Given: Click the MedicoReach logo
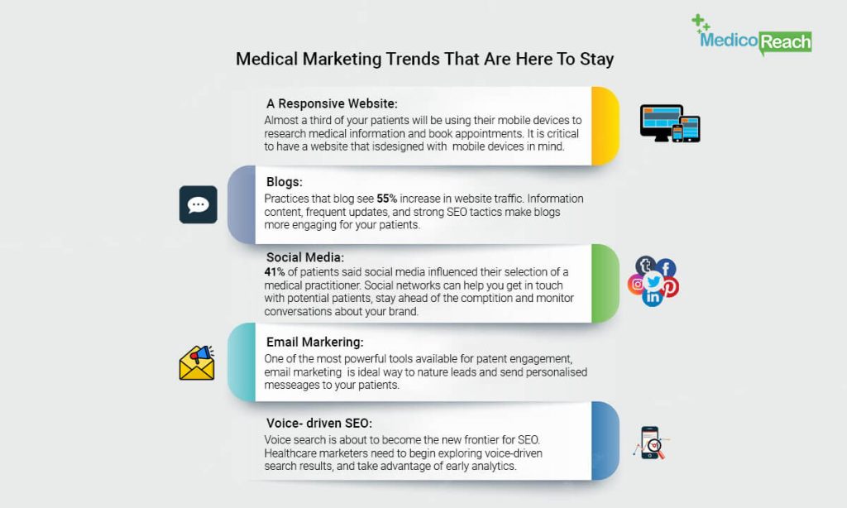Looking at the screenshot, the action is coord(752,35).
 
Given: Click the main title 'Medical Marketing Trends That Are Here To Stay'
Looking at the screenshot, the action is coord(424,59).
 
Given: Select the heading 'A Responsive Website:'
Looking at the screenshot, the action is coord(332,103).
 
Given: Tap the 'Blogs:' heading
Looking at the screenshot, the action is coord(285,182).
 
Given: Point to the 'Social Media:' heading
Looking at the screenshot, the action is coord(304,257).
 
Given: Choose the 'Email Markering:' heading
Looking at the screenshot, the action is coord(314,342).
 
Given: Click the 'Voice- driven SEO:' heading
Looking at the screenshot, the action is coord(318,423).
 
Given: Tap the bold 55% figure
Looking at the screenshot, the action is coord(387,199).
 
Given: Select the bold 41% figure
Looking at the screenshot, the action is coord(275,272).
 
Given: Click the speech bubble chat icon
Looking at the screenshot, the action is coord(199,205).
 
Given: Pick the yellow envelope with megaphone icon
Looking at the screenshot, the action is coord(197,363).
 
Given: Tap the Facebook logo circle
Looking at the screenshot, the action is coord(666,268).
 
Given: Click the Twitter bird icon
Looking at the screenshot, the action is coord(653,281).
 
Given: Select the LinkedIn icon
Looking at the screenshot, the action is coord(653,297).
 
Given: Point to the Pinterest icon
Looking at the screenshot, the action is coord(670,287).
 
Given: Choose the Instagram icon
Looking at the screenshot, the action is coord(636,285).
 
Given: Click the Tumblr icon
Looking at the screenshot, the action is coord(645,266).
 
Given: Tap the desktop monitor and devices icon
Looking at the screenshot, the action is coord(670,124).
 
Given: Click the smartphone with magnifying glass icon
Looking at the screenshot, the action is coord(651,443).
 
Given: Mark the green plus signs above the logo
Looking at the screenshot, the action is coord(701,23).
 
